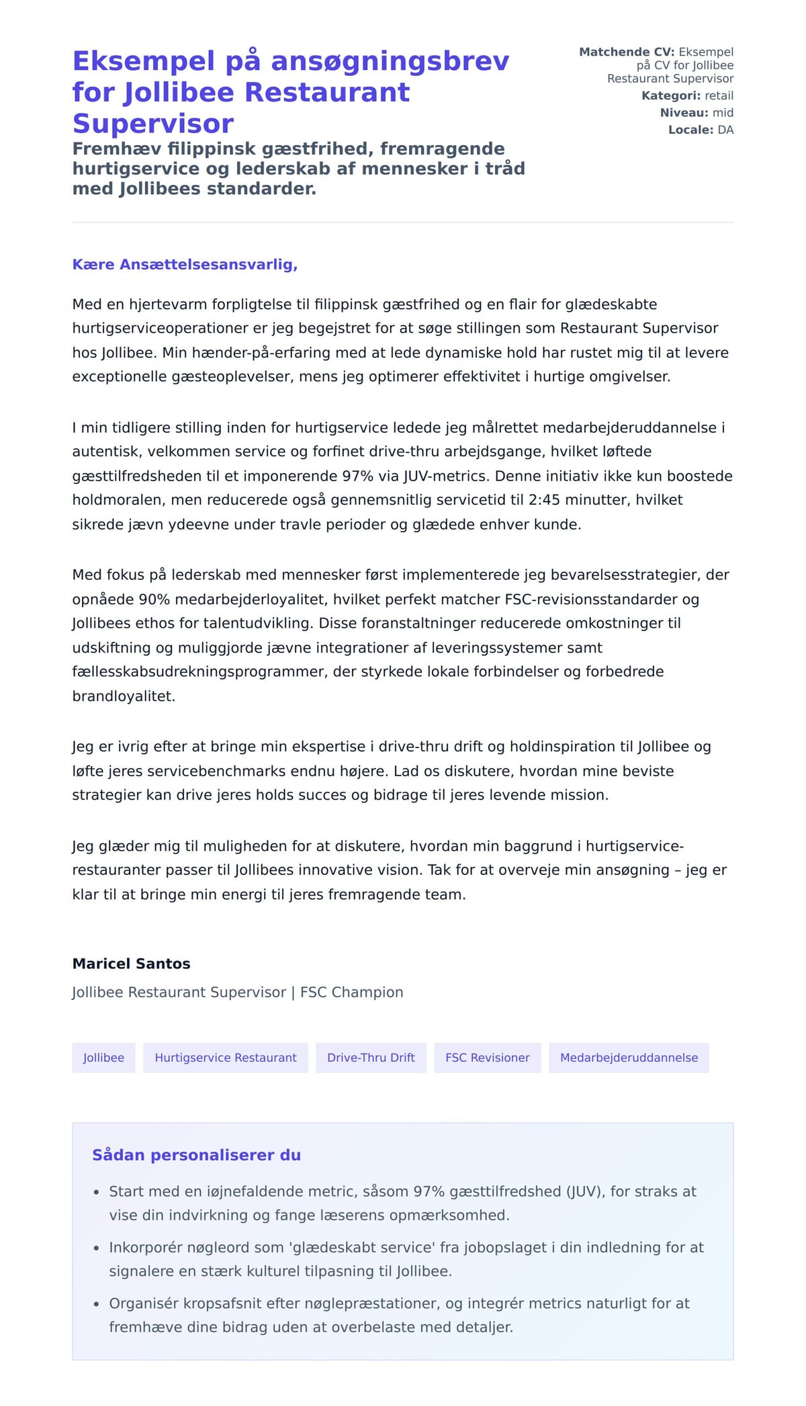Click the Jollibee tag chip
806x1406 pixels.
103,1057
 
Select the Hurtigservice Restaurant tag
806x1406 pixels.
225,1057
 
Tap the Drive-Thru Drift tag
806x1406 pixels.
371,1057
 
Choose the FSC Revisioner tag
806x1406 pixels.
487,1057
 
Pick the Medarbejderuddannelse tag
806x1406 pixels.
629,1057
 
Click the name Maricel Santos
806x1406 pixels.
131,963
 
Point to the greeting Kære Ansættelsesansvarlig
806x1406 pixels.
185,264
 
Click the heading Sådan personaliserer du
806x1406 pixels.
196,1155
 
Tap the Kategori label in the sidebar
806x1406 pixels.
670,95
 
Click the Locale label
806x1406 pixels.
690,129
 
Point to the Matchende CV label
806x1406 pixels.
626,52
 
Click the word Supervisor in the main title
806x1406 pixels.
153,123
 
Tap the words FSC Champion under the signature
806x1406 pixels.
351,992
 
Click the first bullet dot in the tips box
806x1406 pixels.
96,1192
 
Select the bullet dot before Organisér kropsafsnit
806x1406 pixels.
96,1305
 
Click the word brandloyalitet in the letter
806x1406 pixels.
123,696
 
